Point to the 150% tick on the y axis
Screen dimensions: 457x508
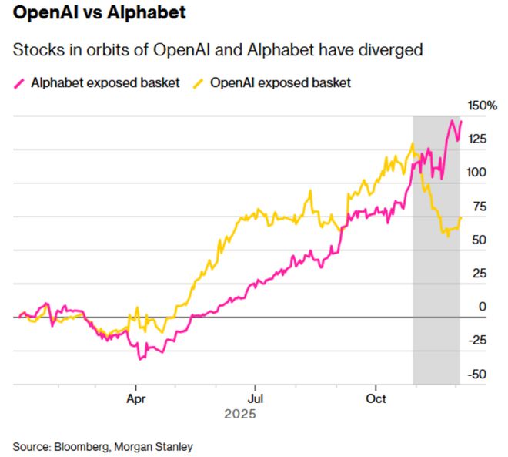483,105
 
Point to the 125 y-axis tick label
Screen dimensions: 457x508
478,139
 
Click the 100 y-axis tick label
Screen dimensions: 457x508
478,173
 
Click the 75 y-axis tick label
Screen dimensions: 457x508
478,206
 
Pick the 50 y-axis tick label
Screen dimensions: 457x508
478,240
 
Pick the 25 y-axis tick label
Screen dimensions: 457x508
478,274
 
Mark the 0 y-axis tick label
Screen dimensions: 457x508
482,307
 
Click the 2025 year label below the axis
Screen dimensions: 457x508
239,414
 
